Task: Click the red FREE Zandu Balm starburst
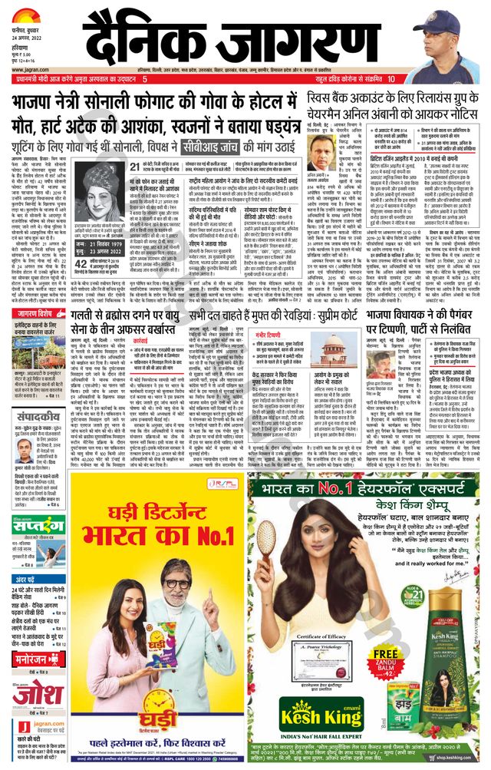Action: (x=383, y=656)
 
